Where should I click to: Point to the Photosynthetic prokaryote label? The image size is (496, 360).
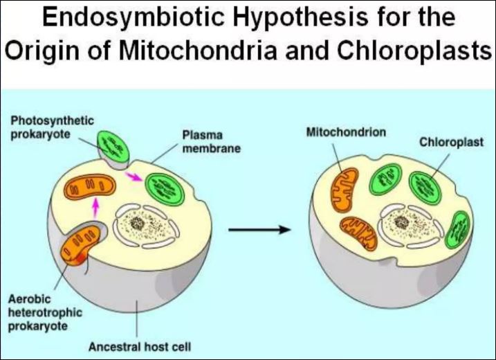pos(52,127)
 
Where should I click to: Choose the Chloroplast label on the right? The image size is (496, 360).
pos(450,143)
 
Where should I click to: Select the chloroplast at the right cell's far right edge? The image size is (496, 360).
pos(459,229)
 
